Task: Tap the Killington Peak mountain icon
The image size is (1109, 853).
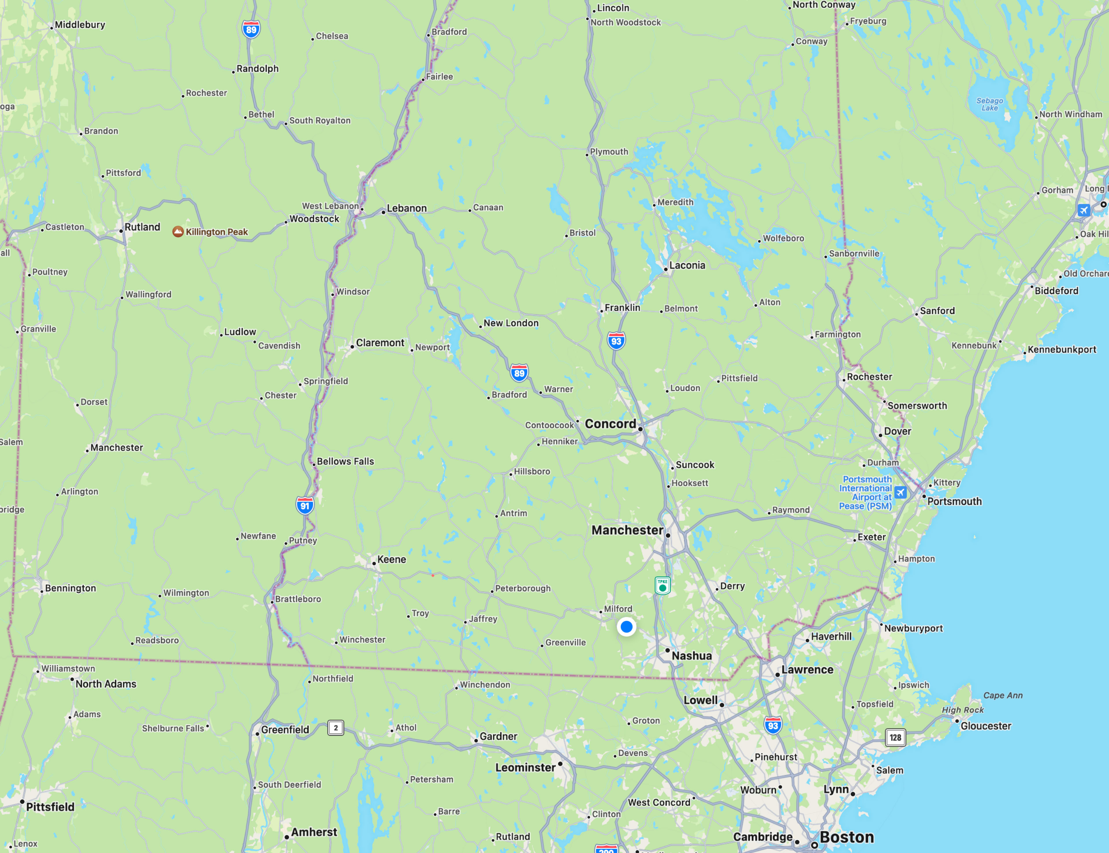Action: [178, 232]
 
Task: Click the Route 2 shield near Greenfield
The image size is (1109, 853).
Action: [336, 728]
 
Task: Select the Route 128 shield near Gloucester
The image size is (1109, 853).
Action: [895, 737]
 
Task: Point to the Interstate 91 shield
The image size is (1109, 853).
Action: [305, 505]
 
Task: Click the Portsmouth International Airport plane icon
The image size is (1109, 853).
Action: [900, 492]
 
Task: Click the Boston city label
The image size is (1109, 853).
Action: [846, 837]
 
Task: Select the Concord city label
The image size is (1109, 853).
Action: [610, 424]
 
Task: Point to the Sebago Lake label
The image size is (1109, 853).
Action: [990, 104]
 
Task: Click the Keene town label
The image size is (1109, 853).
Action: [392, 559]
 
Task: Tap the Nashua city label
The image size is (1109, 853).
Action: [692, 656]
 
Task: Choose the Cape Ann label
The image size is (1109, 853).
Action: [1003, 695]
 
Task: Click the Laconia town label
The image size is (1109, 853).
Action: [687, 265]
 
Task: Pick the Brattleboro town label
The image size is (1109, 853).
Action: [298, 599]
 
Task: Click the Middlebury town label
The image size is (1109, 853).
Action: [80, 25]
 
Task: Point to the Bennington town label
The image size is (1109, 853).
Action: [70, 588]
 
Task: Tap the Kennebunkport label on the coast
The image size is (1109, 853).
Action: [1062, 350]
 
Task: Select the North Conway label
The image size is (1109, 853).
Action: [824, 5]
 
